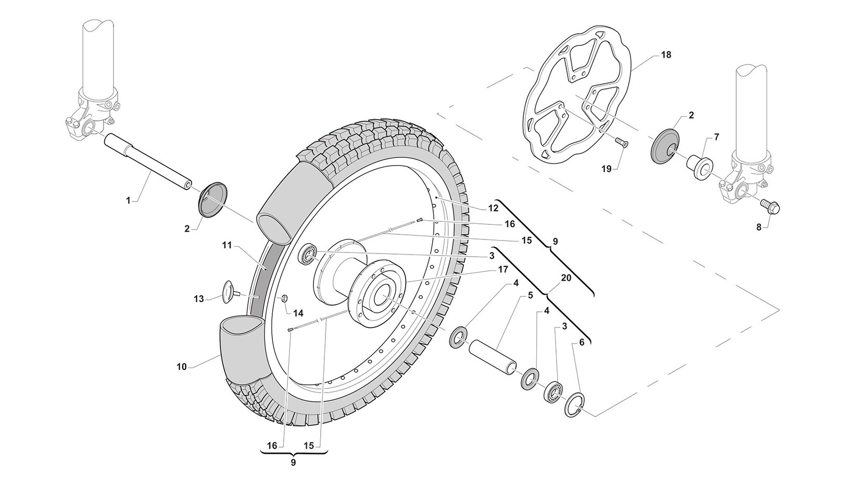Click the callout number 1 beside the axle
129,199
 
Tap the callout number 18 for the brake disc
666,55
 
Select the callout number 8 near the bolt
759,227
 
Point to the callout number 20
566,278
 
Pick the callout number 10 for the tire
181,366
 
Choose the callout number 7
716,137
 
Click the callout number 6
582,343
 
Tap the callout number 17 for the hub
502,270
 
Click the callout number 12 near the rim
493,208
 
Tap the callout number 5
530,295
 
